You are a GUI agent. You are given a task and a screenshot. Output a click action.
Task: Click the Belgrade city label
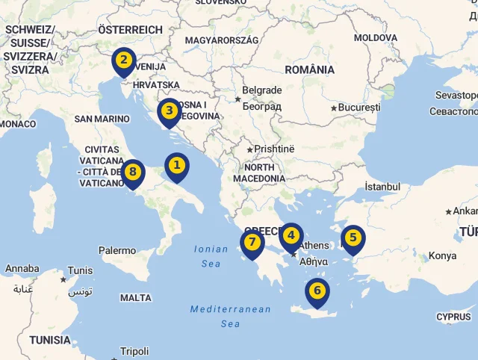261,90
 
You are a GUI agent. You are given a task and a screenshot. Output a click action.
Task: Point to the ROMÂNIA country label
309,69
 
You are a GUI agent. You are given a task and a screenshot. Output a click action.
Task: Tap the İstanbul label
382,187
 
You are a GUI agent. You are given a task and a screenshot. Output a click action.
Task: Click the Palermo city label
117,251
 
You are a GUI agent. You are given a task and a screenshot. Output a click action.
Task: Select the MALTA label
135,298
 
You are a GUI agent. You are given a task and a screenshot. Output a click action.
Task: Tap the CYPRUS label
453,317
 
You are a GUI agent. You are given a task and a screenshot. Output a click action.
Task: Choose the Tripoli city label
134,351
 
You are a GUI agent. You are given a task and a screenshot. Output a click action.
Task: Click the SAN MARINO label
102,119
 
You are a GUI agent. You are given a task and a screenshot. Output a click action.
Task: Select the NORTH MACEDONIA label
258,173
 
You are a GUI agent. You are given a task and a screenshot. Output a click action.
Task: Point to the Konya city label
442,256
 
